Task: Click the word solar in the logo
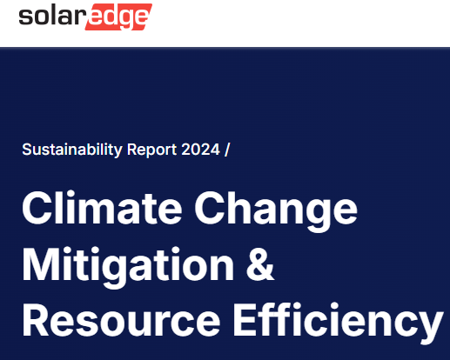pyautogui.click(x=51, y=16)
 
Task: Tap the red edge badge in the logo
pyautogui.click(x=118, y=17)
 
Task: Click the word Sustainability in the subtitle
pyautogui.click(x=72, y=150)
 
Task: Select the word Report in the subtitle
pyautogui.click(x=151, y=150)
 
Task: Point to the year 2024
pyautogui.click(x=200, y=150)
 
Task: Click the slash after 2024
pyautogui.click(x=227, y=150)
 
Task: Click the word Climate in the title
pyautogui.click(x=102, y=208)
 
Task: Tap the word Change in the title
pyautogui.click(x=276, y=211)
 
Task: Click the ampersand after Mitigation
pyautogui.click(x=260, y=263)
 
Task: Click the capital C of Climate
pyautogui.click(x=37, y=208)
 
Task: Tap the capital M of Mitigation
pyautogui.click(x=42, y=264)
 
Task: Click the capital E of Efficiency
pyautogui.click(x=245, y=320)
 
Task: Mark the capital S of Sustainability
pyautogui.click(x=27, y=150)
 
